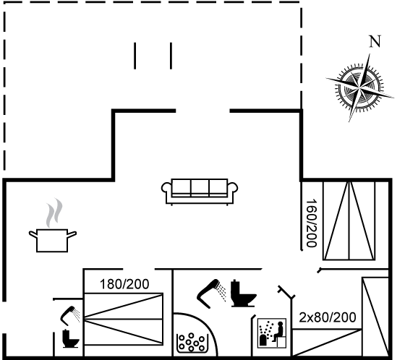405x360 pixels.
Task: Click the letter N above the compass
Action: click(375, 42)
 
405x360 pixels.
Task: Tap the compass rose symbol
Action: click(359, 87)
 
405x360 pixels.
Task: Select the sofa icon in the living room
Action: click(200, 192)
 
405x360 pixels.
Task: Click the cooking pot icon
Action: click(52, 240)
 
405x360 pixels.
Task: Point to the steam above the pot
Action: click(54, 213)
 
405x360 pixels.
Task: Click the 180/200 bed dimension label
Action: click(124, 284)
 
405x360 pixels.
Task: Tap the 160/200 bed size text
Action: click(311, 223)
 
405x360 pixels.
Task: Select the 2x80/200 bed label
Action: click(328, 317)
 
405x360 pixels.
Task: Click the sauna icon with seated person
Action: click(272, 333)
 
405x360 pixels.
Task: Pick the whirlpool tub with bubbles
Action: click(192, 343)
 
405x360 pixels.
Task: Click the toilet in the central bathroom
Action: click(243, 293)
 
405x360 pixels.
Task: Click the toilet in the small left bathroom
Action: click(70, 338)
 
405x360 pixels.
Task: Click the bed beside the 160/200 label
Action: click(349, 220)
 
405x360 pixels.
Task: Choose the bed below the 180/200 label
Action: click(124, 319)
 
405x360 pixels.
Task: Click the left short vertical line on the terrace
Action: click(135, 56)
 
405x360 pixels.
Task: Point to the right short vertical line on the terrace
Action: click(171, 56)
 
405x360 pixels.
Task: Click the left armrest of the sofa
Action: click(166, 188)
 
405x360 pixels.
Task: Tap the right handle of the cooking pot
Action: click(72, 234)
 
